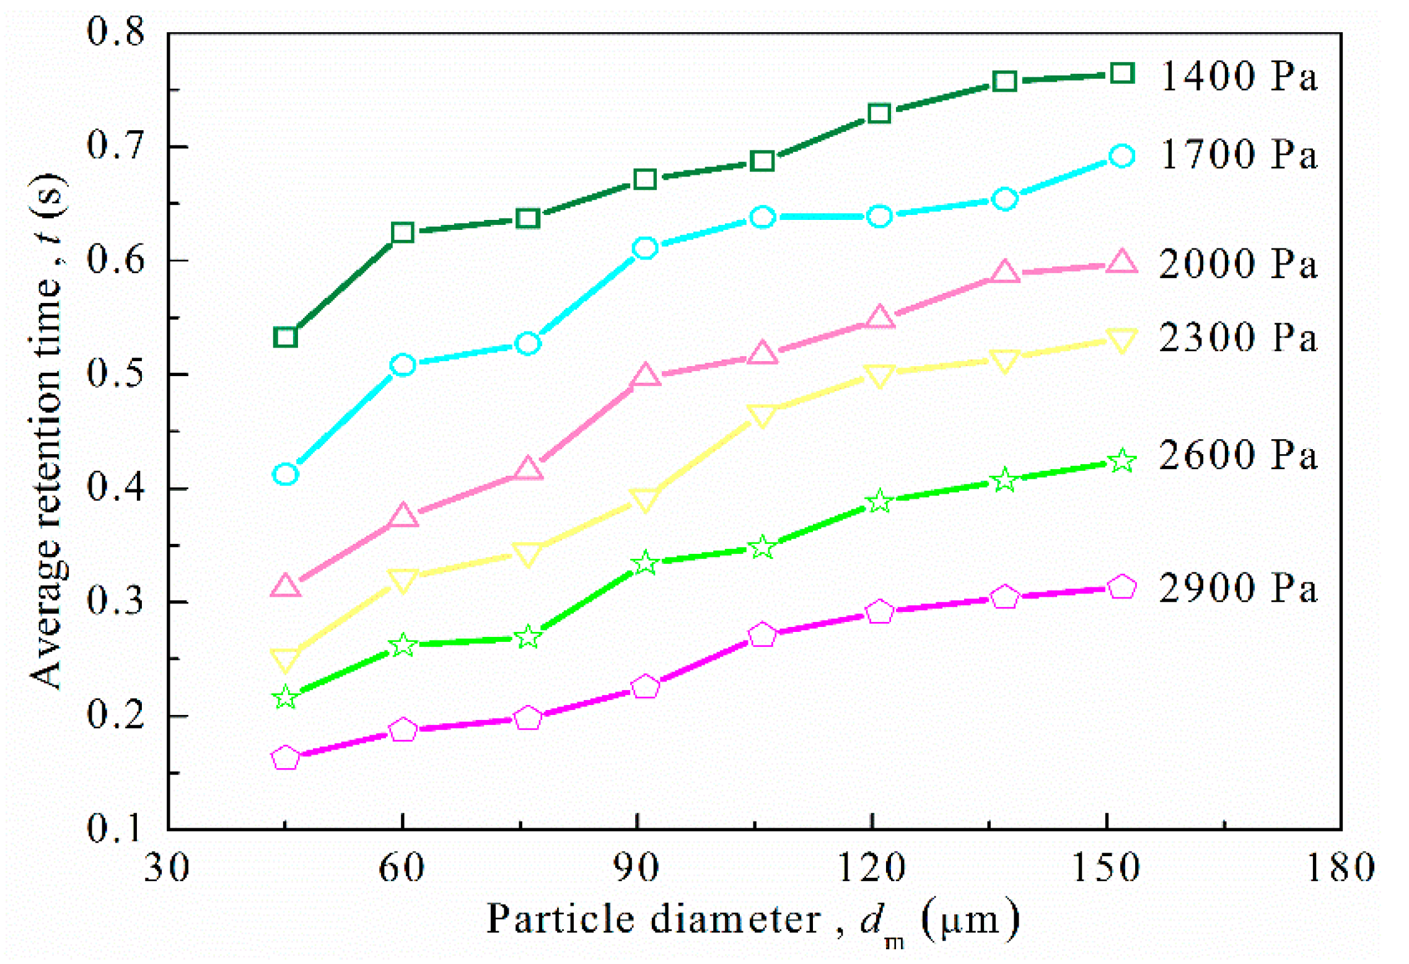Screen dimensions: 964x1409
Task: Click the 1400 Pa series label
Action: pyautogui.click(x=1237, y=77)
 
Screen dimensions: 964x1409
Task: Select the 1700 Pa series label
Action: pyautogui.click(x=1237, y=155)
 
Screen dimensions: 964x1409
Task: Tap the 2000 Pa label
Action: pyautogui.click(x=1237, y=264)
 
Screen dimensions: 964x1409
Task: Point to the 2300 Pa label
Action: pyautogui.click(x=1237, y=338)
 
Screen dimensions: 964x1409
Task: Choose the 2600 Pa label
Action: pyautogui.click(x=1237, y=455)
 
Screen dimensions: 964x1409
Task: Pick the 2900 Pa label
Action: pyautogui.click(x=1237, y=588)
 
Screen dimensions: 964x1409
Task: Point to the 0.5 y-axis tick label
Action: pyautogui.click(x=115, y=374)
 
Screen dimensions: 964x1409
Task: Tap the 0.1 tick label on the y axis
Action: pyautogui.click(x=115, y=828)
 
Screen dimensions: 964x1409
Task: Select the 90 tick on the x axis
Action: pyautogui.click(x=636, y=867)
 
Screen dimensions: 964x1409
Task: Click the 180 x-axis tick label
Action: pyautogui.click(x=1340, y=867)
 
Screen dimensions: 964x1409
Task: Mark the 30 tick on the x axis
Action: pyautogui.click(x=167, y=867)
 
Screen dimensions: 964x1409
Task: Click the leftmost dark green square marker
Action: pyautogui.click(x=285, y=338)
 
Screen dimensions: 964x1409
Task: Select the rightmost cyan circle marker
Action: pyautogui.click(x=1121, y=156)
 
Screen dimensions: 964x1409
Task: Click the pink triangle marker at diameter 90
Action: pyautogui.click(x=646, y=375)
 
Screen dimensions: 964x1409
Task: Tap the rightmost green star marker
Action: pyautogui.click(x=1121, y=461)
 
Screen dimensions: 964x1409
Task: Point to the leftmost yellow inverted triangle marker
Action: pyautogui.click(x=285, y=659)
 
